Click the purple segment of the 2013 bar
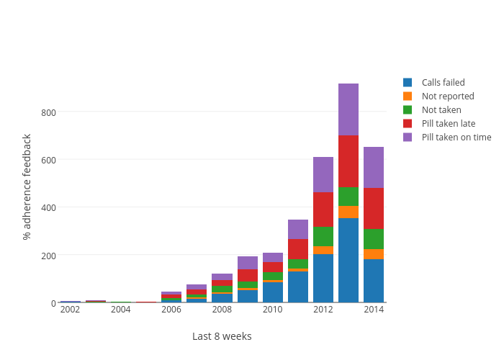click(348, 109)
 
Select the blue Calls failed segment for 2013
click(348, 260)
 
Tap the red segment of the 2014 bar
click(374, 208)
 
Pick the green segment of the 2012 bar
click(323, 236)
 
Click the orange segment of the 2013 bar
click(348, 212)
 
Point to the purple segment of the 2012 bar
click(323, 174)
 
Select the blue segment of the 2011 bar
click(298, 287)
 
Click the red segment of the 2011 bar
click(298, 248)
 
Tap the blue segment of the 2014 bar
click(374, 280)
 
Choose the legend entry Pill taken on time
click(456, 138)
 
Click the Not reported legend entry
click(447, 96)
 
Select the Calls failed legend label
click(443, 83)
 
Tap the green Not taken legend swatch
click(408, 110)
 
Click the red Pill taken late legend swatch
click(408, 124)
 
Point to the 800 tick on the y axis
click(48, 112)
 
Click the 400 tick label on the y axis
click(48, 208)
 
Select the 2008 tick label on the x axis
click(222, 310)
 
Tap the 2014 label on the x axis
click(374, 310)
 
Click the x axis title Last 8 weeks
click(222, 336)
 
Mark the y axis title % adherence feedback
click(27, 186)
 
